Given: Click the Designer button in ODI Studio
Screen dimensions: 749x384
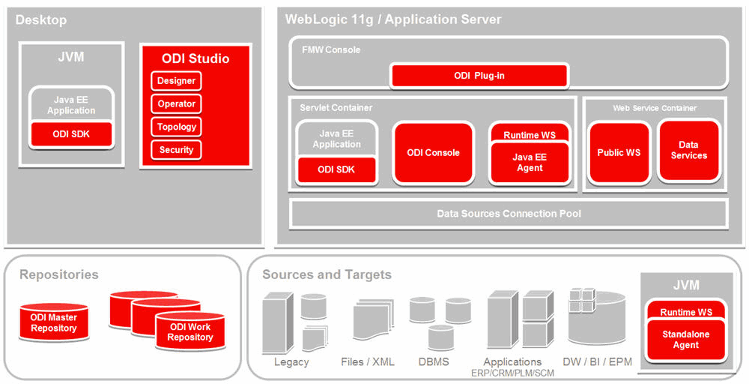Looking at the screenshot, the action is (x=176, y=81).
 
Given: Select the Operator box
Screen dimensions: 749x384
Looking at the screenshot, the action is (x=176, y=103).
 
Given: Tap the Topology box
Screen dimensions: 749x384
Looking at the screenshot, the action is (x=176, y=127).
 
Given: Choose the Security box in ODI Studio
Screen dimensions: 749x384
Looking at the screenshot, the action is (x=176, y=150).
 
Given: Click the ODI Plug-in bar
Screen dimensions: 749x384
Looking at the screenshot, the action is (x=479, y=76).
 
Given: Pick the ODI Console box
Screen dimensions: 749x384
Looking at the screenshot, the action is (x=433, y=153).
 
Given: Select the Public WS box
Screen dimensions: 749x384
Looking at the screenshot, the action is (x=619, y=153).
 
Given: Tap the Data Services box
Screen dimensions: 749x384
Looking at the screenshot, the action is (x=689, y=151).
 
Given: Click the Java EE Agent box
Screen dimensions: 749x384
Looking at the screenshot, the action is (x=530, y=163).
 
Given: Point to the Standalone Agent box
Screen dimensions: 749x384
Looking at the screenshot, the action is (x=686, y=340).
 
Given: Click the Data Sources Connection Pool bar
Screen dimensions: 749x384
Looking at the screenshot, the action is (x=509, y=213).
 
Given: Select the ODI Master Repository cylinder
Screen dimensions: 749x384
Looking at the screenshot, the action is (x=54, y=322).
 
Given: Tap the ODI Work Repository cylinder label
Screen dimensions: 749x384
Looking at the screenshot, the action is (x=190, y=332).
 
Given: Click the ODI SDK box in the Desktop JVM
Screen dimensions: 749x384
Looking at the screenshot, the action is (x=71, y=134).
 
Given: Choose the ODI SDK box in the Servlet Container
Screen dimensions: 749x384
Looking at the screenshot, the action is (x=337, y=169).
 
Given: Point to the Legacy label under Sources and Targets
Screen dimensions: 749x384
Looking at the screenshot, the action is (x=291, y=361).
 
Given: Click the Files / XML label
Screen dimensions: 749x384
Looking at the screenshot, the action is (x=368, y=361).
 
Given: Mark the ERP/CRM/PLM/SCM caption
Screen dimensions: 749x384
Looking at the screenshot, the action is (x=512, y=373).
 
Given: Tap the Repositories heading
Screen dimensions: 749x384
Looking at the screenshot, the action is (x=58, y=274).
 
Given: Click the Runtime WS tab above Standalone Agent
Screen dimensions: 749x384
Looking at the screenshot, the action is (x=686, y=312).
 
